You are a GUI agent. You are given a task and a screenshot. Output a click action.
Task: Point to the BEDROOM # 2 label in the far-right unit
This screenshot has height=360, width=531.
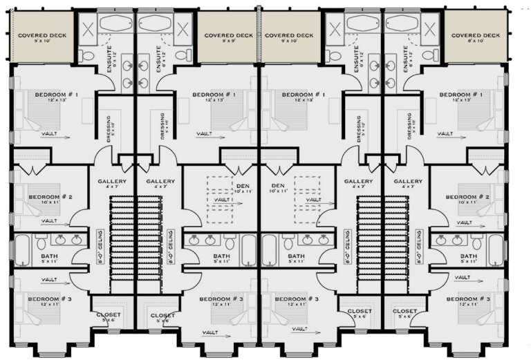pyautogui.click(x=472, y=197)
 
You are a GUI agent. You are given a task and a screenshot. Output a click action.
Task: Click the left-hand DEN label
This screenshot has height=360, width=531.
pyautogui.click(x=241, y=187)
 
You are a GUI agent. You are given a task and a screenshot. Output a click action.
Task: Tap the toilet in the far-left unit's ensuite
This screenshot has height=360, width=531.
pyautogui.click(x=84, y=55)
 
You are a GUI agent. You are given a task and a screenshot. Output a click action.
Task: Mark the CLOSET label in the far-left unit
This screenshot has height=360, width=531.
pyautogui.click(x=108, y=314)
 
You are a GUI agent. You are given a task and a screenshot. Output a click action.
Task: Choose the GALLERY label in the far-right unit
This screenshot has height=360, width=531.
pyautogui.click(x=407, y=182)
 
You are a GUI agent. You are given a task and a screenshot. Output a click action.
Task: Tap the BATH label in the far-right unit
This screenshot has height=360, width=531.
pyautogui.click(x=469, y=256)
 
